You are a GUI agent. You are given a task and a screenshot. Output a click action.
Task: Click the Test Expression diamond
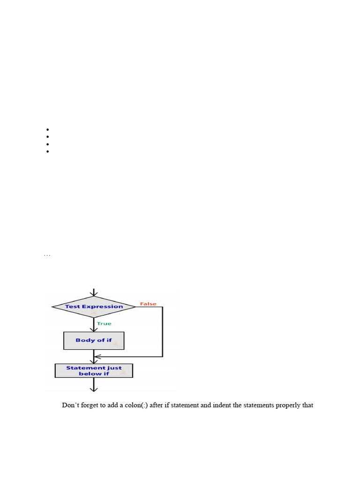[94, 307]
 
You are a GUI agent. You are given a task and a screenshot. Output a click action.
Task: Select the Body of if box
[94, 340]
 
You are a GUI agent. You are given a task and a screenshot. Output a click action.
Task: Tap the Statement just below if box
[94, 371]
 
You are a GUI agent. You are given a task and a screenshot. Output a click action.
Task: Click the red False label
[148, 304]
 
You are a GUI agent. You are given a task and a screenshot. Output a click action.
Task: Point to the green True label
[104, 323]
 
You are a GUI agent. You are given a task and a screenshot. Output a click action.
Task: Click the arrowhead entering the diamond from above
[94, 293]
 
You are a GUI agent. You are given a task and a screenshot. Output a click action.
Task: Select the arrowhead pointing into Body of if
[94, 330]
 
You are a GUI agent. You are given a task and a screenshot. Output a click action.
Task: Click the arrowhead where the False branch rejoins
[97, 357]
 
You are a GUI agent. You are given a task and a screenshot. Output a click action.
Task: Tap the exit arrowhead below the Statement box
[94, 389]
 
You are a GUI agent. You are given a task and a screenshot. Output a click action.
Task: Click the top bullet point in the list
[48, 129]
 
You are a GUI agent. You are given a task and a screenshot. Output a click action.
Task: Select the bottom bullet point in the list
[48, 151]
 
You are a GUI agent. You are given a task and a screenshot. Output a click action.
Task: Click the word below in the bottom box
[87, 374]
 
